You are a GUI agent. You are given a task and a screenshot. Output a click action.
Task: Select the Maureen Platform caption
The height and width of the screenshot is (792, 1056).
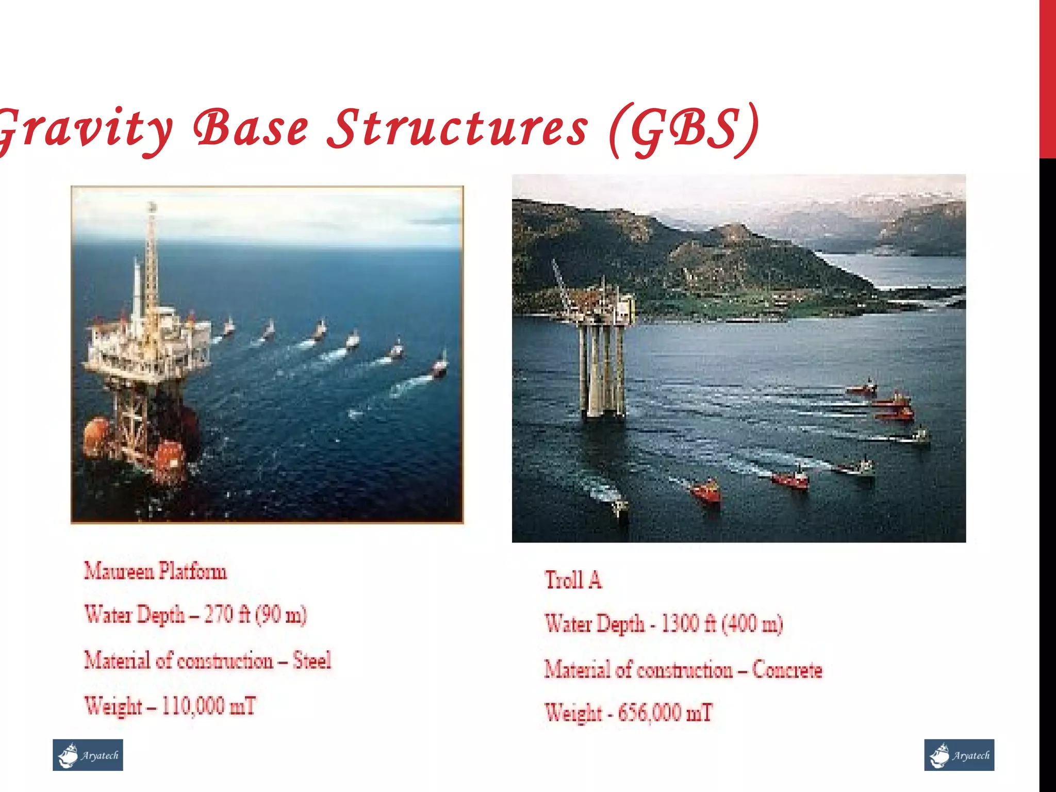155,571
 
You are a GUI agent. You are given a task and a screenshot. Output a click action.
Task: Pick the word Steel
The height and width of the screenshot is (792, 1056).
311,661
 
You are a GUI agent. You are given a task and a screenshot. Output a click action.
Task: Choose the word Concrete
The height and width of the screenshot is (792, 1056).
787,670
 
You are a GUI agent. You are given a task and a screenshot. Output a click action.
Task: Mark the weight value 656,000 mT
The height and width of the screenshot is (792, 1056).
665,713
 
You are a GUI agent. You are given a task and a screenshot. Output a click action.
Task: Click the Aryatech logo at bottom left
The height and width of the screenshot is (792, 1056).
88,755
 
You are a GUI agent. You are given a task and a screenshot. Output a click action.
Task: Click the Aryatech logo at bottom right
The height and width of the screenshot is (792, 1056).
959,755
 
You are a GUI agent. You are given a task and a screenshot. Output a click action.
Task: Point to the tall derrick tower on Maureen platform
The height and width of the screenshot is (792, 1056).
151,258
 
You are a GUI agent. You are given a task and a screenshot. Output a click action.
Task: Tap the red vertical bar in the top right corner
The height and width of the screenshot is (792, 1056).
1047,77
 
